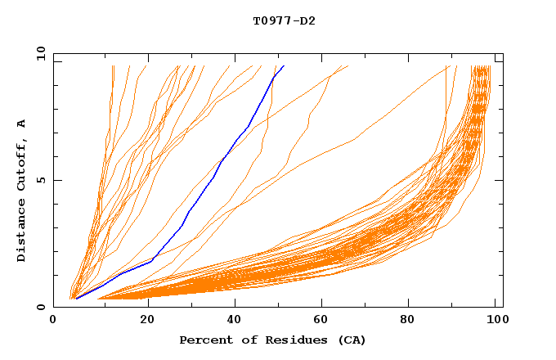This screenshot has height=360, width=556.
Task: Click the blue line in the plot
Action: (214, 177)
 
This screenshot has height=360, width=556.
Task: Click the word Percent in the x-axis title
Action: (204, 340)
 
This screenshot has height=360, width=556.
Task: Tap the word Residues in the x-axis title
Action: (287, 340)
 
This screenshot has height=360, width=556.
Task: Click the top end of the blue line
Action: (284, 66)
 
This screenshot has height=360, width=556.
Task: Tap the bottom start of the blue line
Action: (76, 299)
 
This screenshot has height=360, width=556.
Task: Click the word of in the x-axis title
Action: (246, 340)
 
